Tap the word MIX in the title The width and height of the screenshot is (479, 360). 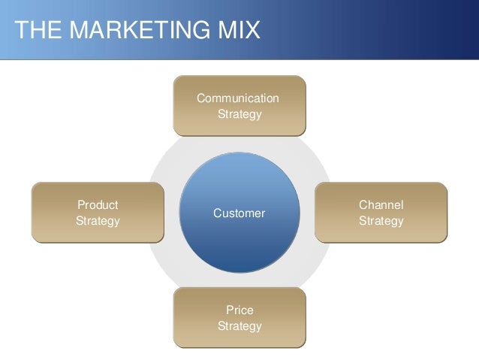pos(237,31)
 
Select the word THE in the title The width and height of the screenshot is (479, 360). pos(37,31)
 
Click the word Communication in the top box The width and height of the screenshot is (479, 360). pos(238,98)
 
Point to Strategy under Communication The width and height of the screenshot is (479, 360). pos(239,114)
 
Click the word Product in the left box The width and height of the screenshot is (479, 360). pos(98,205)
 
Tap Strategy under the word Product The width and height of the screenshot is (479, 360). pos(98,221)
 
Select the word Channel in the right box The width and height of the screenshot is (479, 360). pos(381,205)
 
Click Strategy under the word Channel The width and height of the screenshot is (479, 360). pos(381,221)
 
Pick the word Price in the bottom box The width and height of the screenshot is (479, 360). pos(239,310)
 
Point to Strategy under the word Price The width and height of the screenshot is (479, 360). pos(239,326)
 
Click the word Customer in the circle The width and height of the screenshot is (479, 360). pos(239,213)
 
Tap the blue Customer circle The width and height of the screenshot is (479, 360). pos(239,241)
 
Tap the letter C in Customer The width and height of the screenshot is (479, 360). pos(218,213)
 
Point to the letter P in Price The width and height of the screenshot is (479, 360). pos(229,310)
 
